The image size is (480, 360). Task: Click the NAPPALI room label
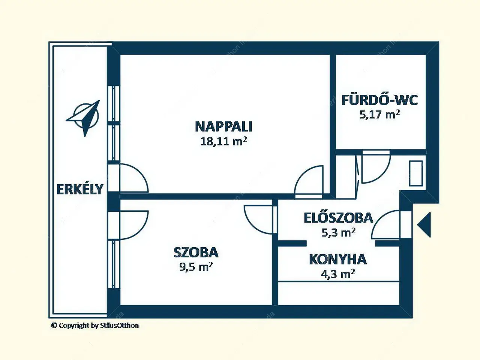223,127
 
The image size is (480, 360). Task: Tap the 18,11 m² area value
223,141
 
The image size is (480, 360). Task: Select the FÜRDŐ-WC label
380,100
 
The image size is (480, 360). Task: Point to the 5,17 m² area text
379,114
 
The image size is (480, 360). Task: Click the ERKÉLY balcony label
80,189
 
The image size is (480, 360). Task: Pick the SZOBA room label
196,252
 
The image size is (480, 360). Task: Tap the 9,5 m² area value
196,267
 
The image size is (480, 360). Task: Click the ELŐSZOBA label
339,218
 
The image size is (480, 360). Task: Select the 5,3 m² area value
338,232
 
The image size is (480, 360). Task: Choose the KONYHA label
338,259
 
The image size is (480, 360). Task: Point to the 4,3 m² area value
338,274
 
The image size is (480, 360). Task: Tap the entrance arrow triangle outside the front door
424,224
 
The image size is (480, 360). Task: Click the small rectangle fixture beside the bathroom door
416,173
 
